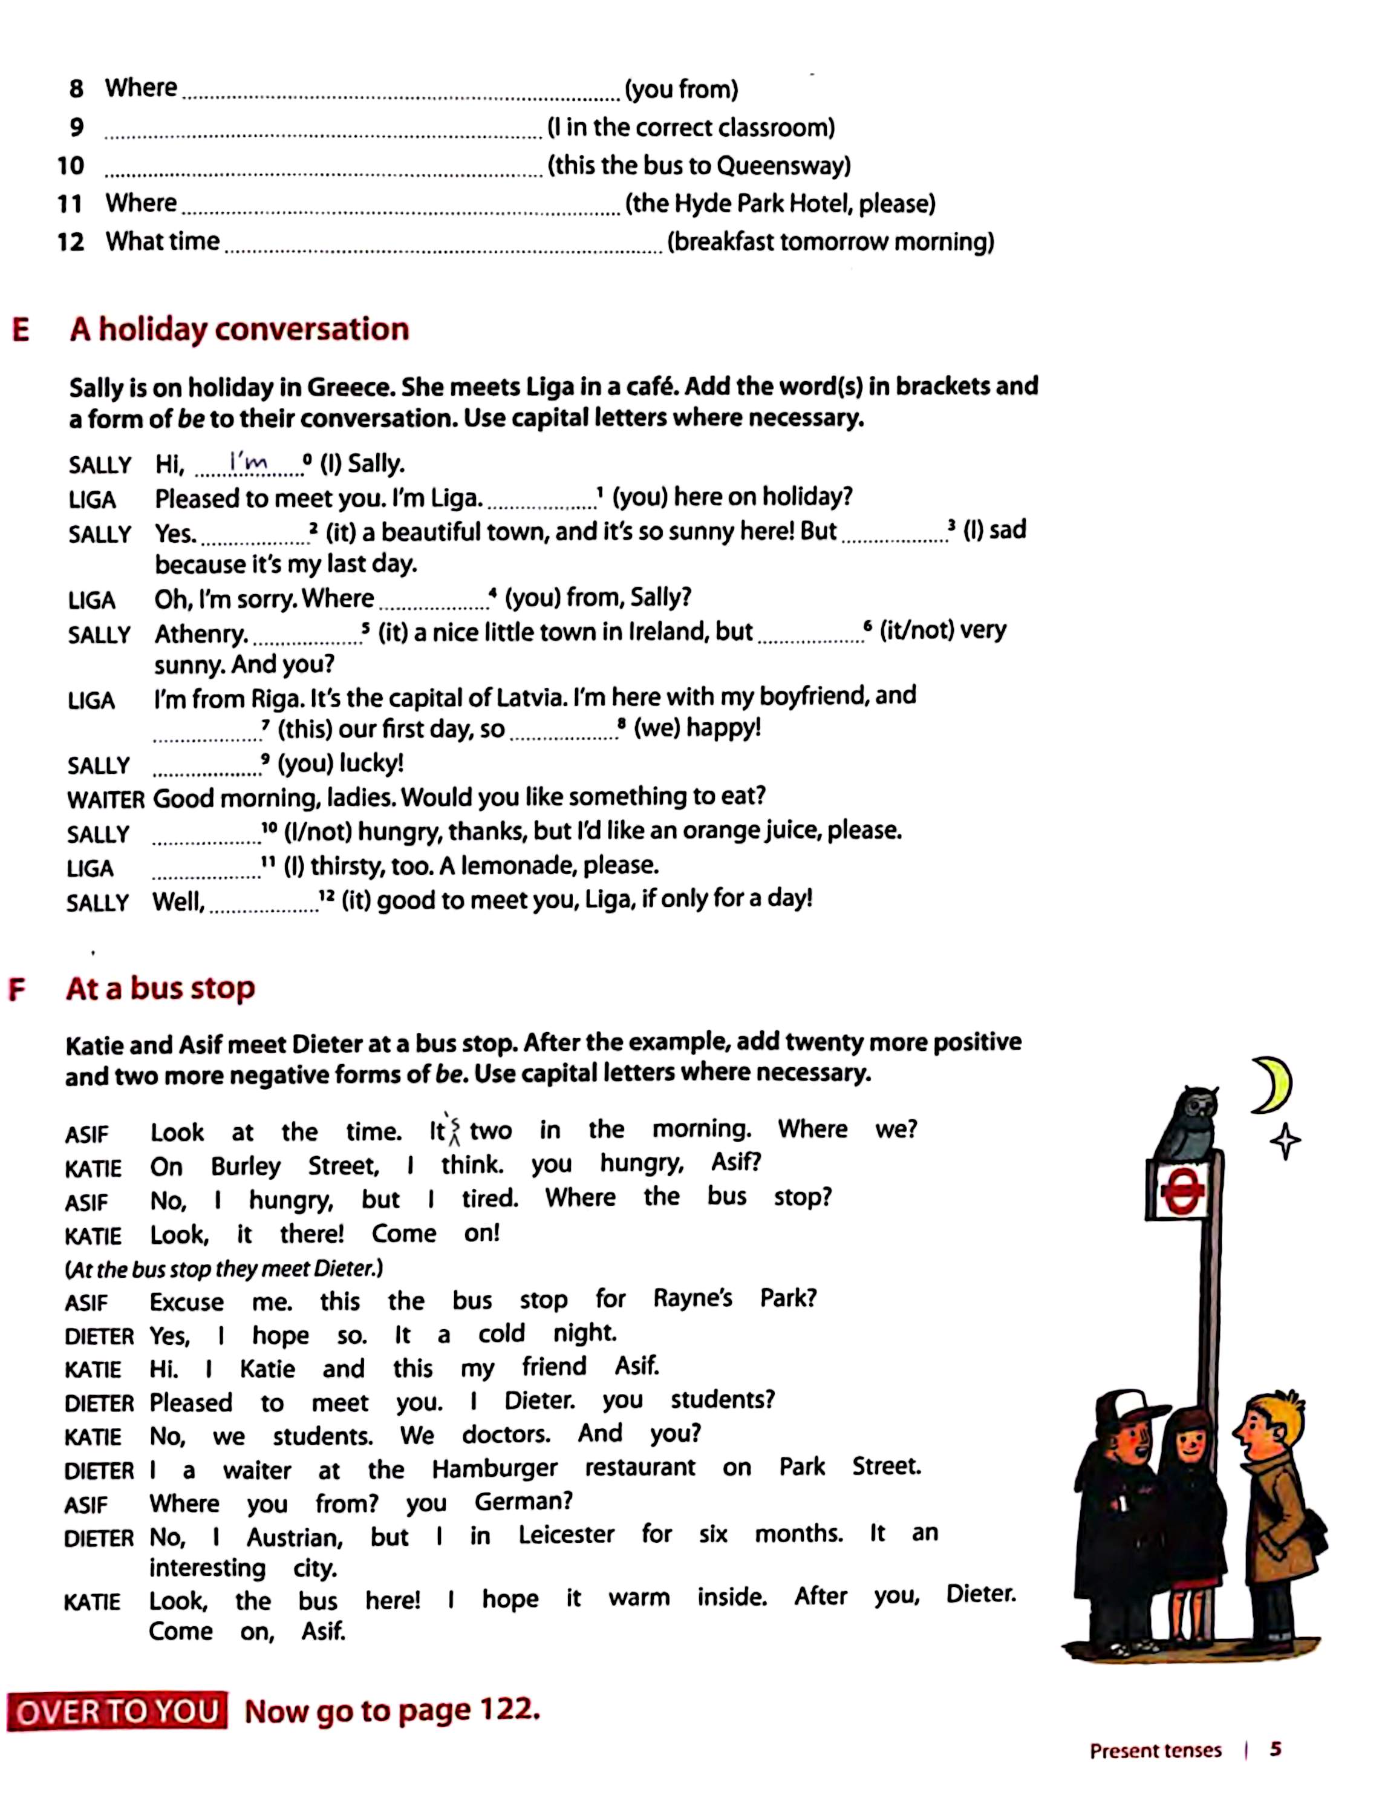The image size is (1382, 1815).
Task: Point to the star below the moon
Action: [x=1285, y=1142]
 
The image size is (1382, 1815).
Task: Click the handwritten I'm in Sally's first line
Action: [x=249, y=463]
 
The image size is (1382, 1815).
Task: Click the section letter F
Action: [x=16, y=989]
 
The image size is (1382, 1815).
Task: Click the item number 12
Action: [x=71, y=242]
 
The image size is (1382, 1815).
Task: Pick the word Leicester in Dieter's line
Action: [x=566, y=1534]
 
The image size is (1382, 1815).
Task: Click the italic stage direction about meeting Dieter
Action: [x=224, y=1269]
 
